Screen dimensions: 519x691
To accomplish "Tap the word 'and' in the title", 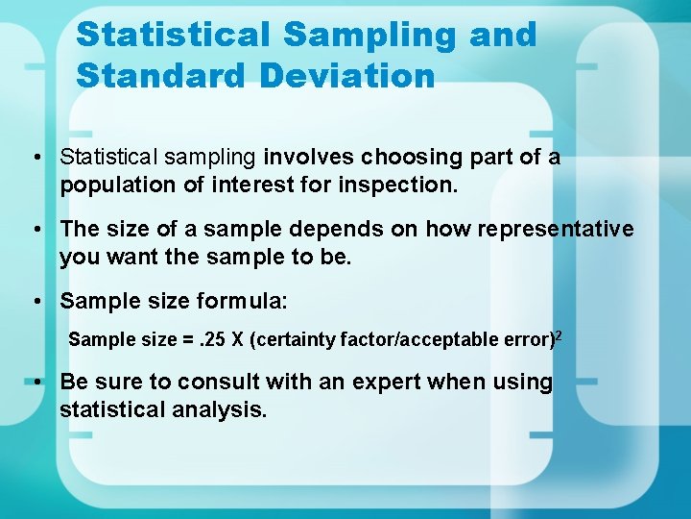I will click(x=503, y=35).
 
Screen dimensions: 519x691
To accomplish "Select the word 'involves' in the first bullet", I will click(x=307, y=157).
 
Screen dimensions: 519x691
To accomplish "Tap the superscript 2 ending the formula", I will click(x=558, y=334).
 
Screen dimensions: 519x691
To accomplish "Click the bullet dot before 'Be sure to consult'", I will click(x=36, y=383).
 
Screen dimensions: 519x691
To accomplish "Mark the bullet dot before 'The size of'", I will click(x=36, y=230).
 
